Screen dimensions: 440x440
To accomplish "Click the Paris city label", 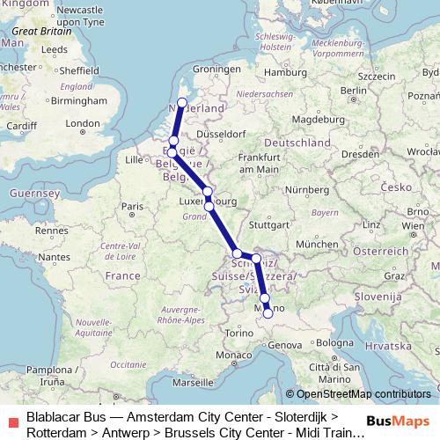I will tap(131, 207).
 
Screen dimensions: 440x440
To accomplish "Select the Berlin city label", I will tap(353, 90).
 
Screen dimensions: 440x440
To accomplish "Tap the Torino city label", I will tap(238, 333).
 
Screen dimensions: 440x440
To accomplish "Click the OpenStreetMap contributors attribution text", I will tap(363, 394).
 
